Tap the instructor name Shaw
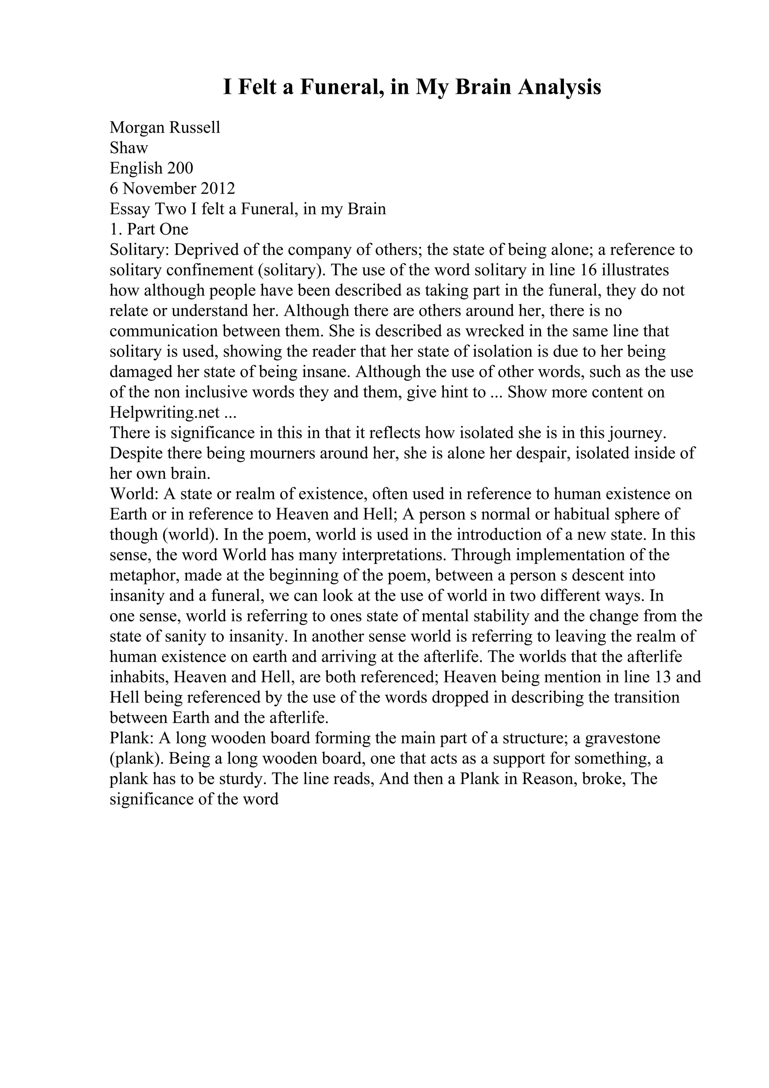click(x=129, y=148)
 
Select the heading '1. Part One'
click(x=149, y=229)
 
